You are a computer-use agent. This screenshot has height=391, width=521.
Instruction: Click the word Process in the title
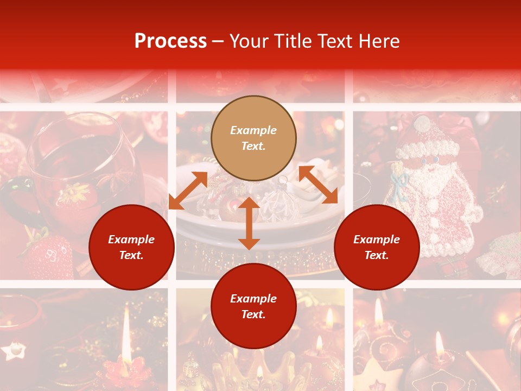coord(170,41)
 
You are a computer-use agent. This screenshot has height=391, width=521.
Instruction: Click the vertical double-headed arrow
coord(249,223)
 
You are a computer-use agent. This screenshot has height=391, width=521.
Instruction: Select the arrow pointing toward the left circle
coord(188,190)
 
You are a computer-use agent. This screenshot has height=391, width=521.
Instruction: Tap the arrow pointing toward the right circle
coord(318,185)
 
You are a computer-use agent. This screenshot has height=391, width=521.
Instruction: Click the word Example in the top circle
coord(253,130)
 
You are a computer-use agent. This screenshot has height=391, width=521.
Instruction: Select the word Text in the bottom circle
coord(253,315)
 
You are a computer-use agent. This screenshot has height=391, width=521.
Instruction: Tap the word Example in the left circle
coord(131,239)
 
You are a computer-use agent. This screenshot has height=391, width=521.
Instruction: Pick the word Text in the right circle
coord(377,255)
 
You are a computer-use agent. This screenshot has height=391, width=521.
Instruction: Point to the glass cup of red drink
coord(81,163)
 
